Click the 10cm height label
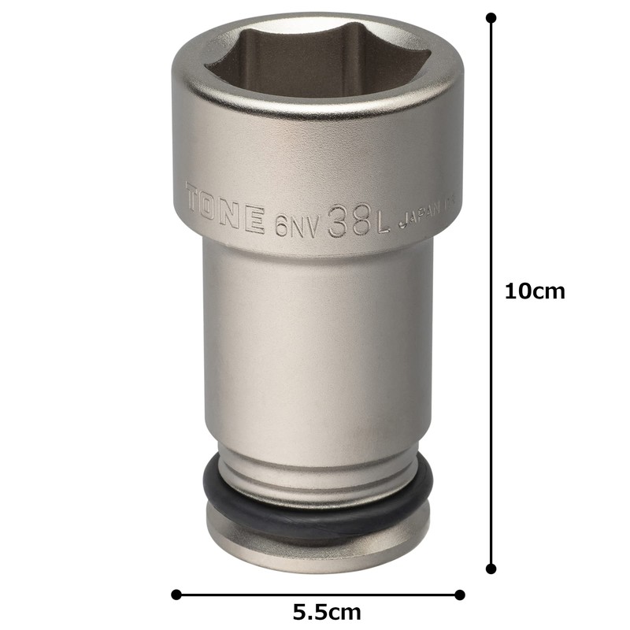pos(535,291)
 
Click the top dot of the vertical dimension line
pos(492,17)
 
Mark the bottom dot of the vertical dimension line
pos(492,568)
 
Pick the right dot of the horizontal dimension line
pos(461,595)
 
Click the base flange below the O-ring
pos(315,543)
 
